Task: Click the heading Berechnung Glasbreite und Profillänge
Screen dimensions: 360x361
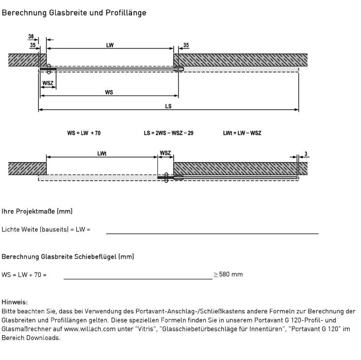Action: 74,13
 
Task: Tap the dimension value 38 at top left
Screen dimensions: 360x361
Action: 31,37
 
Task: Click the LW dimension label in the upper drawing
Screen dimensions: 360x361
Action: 110,45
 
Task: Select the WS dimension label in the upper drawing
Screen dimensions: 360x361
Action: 109,93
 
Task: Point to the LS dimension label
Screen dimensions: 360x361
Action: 168,107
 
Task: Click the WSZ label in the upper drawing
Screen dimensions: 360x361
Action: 48,83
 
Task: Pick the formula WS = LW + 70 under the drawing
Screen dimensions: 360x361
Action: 84,133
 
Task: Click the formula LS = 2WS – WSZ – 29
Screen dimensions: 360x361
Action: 169,133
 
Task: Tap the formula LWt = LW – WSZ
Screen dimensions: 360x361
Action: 242,133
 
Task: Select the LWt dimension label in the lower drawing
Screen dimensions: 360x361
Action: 102,153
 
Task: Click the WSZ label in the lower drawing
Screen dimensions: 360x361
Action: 166,153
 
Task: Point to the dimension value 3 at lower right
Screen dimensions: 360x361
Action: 306,153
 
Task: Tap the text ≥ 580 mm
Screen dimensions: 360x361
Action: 228,275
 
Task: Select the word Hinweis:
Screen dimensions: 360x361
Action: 14,302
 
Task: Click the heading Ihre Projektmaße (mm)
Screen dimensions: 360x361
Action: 37,211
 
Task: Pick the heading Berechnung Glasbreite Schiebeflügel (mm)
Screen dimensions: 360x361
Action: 69,256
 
